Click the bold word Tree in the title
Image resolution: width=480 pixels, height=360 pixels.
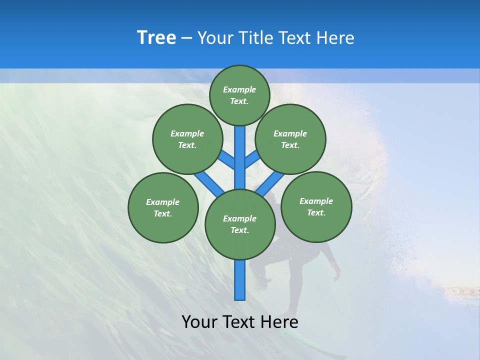pos(156,37)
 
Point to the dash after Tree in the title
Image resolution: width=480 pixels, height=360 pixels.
pos(186,38)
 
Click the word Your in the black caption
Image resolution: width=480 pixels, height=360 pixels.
pos(199,322)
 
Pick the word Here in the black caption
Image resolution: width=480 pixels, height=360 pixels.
pos(279,322)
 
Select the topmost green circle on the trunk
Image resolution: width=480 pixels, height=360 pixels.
pos(239,95)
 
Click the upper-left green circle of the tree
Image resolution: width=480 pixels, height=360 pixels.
pos(187,139)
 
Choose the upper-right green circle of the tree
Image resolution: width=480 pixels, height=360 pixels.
pos(290,139)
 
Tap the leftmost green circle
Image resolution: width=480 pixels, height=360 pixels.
pos(163,207)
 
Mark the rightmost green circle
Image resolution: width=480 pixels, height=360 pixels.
pos(316,206)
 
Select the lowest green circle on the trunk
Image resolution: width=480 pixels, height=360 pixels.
pos(240,224)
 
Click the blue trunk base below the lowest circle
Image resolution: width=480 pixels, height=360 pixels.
pos(240,280)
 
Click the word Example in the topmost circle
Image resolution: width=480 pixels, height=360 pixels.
pos(239,89)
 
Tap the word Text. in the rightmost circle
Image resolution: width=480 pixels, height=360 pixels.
pos(316,212)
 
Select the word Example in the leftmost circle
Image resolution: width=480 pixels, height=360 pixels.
pos(162,202)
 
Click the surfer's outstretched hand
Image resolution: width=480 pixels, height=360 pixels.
pos(336,275)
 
